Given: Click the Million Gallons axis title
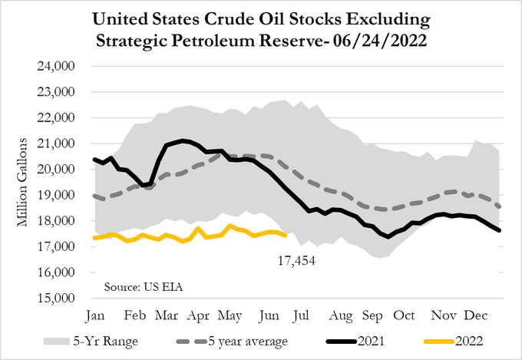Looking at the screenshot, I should (24, 182).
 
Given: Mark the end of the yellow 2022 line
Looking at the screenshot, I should (286, 235).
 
